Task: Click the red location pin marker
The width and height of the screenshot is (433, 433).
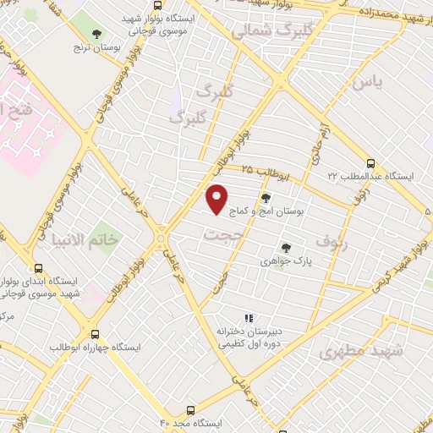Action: tap(217, 200)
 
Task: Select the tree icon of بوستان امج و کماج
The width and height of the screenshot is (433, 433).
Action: tap(266, 198)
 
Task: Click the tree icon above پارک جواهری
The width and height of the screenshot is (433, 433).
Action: tap(286, 248)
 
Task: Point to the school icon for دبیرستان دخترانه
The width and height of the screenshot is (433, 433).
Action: tap(249, 318)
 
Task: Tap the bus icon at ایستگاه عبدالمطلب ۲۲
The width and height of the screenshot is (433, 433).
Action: tap(370, 163)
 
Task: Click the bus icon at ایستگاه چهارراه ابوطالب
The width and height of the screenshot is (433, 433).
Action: tap(95, 334)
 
